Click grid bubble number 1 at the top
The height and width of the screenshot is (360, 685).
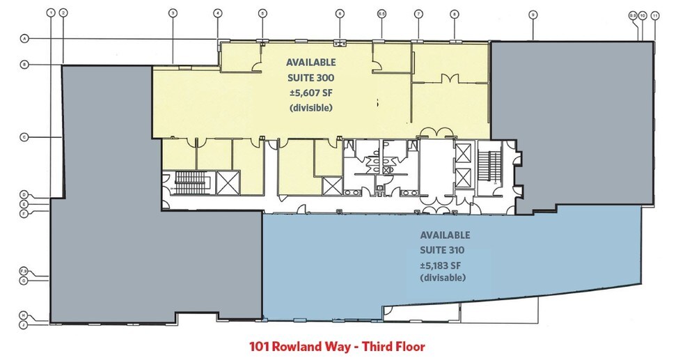51,13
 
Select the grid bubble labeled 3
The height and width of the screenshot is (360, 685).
172,13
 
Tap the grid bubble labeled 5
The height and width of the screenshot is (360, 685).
262,13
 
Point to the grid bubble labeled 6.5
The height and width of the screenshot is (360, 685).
382,13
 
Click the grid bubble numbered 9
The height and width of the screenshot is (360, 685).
533,13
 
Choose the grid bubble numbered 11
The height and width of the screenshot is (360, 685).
654,15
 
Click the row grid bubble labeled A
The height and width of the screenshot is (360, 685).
24,38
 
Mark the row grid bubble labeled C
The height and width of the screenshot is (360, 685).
24,138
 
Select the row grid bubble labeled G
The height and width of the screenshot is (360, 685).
24,280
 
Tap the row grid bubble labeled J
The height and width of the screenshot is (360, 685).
24,324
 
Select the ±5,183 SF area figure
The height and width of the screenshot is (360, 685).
442,265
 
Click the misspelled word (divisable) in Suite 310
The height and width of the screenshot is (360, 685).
442,279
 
